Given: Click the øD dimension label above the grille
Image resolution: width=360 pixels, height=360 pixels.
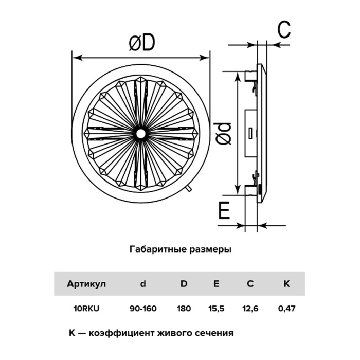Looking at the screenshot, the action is click(x=142, y=43).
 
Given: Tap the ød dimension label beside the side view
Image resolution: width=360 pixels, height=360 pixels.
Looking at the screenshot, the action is click(x=223, y=134).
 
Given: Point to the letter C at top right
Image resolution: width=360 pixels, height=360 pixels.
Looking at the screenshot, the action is click(x=284, y=29).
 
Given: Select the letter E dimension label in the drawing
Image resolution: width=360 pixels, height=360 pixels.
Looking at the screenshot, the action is click(x=224, y=210).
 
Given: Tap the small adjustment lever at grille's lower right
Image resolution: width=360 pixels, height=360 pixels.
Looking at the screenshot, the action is click(x=189, y=189).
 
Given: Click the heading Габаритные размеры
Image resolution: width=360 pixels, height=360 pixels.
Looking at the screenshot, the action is click(x=181, y=249).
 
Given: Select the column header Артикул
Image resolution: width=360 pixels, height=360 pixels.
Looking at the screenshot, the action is click(x=86, y=284).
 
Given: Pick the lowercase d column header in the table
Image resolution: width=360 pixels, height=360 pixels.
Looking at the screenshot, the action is click(x=143, y=284).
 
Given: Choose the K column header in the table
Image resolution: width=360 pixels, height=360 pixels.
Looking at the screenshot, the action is click(x=287, y=284).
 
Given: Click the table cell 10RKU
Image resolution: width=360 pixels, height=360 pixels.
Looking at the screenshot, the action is click(x=86, y=309).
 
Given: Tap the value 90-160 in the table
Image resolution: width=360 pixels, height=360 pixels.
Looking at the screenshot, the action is click(x=143, y=309).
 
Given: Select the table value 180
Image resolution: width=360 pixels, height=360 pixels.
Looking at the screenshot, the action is click(x=184, y=309).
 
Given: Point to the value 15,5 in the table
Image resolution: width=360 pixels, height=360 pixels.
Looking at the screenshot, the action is click(x=216, y=309).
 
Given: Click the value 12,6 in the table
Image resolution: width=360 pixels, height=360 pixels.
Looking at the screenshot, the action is click(x=250, y=309).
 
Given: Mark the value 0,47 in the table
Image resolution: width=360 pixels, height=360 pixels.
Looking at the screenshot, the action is click(x=287, y=309).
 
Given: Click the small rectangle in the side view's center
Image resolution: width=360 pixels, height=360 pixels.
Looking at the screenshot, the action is click(x=251, y=133).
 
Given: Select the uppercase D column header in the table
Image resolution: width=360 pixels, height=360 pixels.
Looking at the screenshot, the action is click(x=184, y=284).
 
